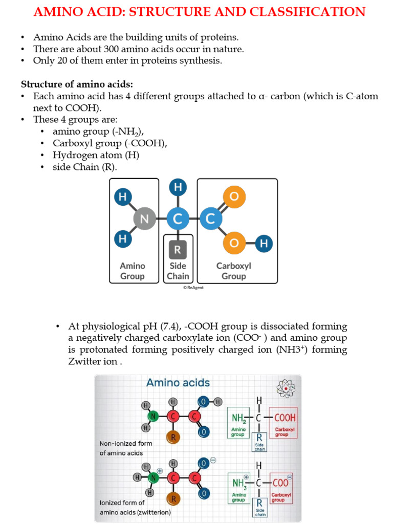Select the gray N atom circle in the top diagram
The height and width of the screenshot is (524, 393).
click(x=144, y=219)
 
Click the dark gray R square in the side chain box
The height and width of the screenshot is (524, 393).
click(x=178, y=250)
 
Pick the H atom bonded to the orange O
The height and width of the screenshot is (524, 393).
click(x=264, y=244)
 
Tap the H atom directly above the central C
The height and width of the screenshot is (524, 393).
click(x=178, y=188)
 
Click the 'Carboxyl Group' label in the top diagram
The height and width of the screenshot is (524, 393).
click(x=233, y=271)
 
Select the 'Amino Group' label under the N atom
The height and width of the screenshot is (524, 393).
click(x=133, y=271)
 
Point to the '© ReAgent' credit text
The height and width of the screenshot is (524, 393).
click(x=193, y=288)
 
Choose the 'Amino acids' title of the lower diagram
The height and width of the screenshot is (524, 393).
click(x=178, y=383)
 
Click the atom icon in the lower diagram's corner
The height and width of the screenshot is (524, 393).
click(x=286, y=388)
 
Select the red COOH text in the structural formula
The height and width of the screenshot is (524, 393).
click(x=285, y=418)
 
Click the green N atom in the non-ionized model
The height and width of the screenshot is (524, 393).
click(x=153, y=417)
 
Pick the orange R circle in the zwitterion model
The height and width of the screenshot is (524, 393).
click(x=173, y=498)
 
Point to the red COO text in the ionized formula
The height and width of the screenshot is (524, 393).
click(x=281, y=483)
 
